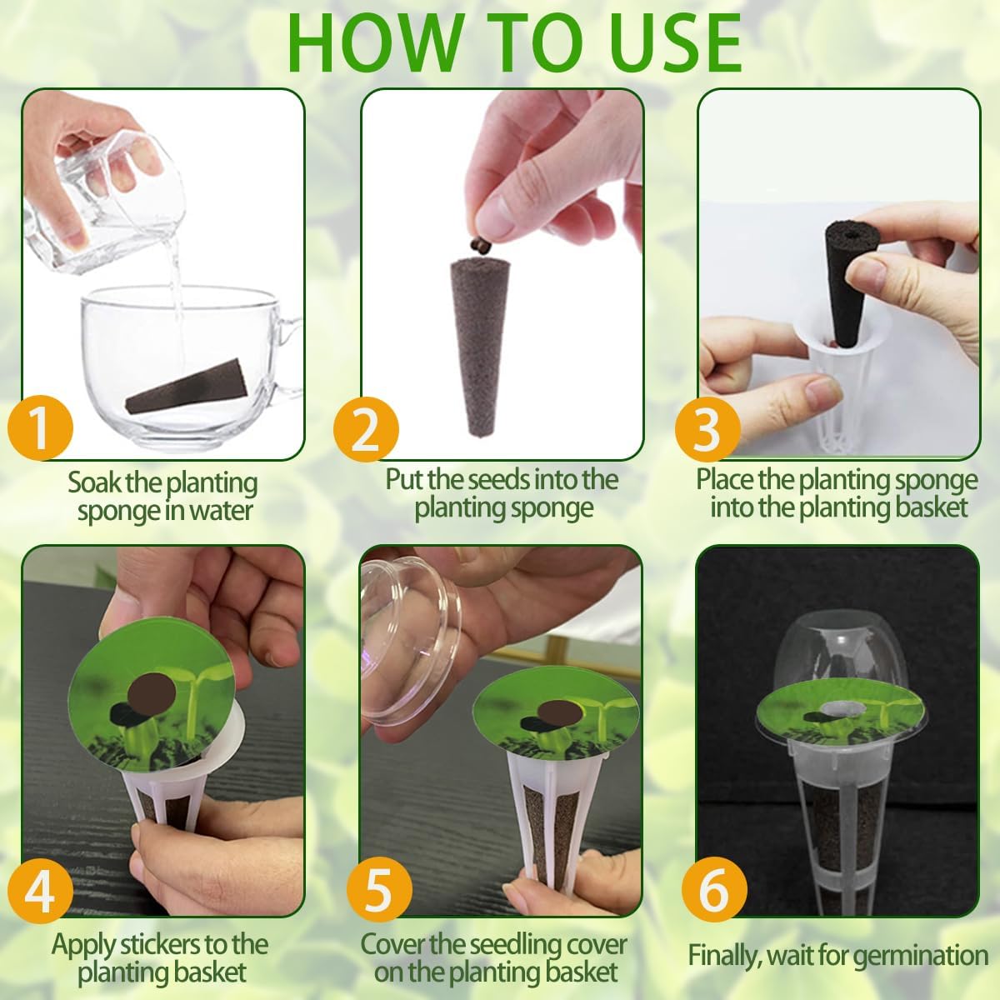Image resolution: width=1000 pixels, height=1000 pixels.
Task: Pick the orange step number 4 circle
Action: coord(40,890)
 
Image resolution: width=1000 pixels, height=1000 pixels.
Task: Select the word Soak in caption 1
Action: coord(97,482)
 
